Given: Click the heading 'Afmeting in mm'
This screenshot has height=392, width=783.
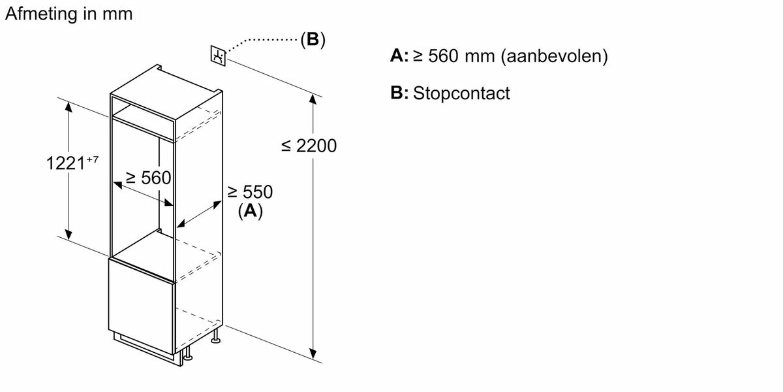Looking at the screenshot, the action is (69, 14).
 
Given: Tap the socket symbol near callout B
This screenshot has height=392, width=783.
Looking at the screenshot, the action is (219, 56).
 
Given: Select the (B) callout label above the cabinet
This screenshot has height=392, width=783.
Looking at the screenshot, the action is (313, 39).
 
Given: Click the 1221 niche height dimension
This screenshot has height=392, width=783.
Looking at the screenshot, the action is (65, 163).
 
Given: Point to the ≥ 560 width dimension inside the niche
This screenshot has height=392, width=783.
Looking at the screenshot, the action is (148, 178).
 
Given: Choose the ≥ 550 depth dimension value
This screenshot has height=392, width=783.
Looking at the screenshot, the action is (250, 192).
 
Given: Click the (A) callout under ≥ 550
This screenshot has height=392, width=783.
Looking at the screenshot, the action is (250, 211).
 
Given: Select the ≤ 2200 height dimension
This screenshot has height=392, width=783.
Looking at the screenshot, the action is (309, 146).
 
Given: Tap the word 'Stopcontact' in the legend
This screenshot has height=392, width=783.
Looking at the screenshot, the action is (461, 93).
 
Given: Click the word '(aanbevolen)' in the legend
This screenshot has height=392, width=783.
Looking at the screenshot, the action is (555, 56).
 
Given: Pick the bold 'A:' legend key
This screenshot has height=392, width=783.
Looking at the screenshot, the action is (399, 56).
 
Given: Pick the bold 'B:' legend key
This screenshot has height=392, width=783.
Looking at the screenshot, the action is (399, 93).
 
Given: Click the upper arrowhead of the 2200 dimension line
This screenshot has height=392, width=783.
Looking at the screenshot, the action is (313, 99).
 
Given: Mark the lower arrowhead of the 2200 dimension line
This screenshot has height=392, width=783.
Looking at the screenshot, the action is (313, 354).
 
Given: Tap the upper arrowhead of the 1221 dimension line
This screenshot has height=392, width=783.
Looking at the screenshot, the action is (69, 106).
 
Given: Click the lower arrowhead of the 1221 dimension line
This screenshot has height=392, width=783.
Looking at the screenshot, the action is (69, 235).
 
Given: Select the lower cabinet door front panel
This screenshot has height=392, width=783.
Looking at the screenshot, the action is (141, 304).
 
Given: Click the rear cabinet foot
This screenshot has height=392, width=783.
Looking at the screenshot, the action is (216, 336).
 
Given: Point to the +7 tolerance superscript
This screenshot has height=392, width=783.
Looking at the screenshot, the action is (92, 159).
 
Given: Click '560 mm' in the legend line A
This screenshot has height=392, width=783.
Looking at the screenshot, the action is (461, 56).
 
